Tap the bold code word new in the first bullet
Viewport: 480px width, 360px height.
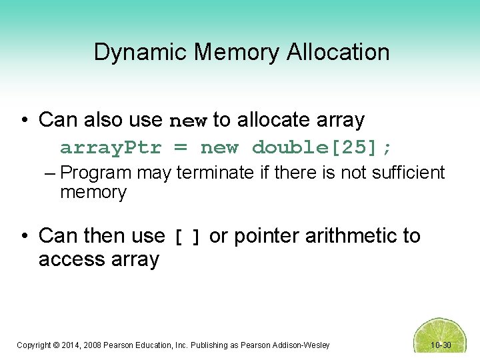(189, 121)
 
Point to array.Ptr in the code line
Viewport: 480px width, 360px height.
(111, 147)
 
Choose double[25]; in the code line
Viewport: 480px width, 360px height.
(322, 147)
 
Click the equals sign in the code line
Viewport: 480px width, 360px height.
(181, 147)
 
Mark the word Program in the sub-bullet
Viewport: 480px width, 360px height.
(95, 173)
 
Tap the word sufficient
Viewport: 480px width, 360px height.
(405, 173)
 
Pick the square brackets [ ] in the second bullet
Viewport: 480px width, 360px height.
(187, 237)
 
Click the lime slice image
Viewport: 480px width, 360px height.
(440, 337)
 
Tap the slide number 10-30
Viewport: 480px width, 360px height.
(441, 345)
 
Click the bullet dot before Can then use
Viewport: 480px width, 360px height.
(24, 236)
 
